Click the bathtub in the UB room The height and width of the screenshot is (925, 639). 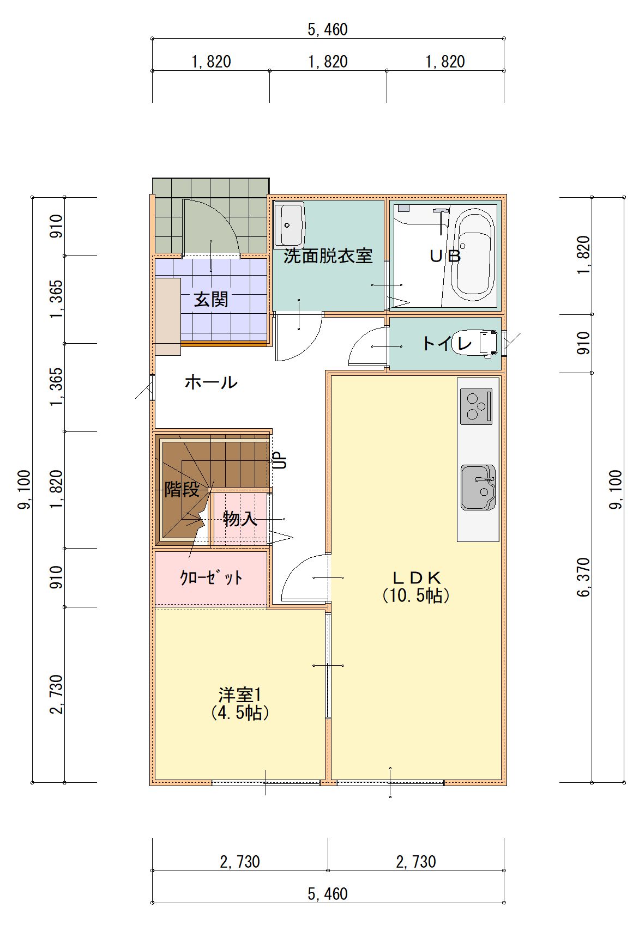point(474,257)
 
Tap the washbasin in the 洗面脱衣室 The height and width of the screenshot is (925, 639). point(290,225)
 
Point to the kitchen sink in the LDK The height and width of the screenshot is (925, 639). point(478,487)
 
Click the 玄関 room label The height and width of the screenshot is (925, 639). point(211,300)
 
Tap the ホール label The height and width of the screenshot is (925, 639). point(211,382)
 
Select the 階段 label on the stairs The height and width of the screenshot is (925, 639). point(182,489)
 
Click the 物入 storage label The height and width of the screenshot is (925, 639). point(240,519)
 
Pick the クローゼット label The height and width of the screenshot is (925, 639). point(211,577)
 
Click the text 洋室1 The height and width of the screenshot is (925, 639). point(240,695)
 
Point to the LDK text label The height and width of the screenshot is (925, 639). point(416,577)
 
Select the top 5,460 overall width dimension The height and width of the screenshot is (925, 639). point(328,30)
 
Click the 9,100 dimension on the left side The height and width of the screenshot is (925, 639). point(25,489)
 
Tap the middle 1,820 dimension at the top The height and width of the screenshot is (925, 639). point(328,62)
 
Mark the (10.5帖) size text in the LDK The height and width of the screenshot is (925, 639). point(416,595)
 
